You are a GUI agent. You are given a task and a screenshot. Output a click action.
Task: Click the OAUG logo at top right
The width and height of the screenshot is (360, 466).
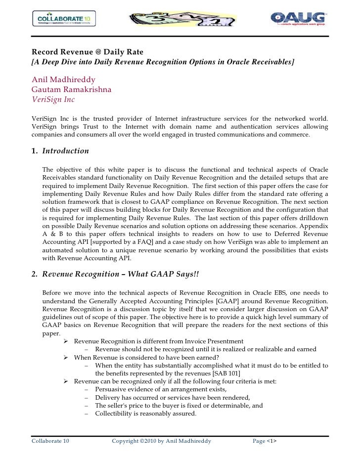coord(298,20)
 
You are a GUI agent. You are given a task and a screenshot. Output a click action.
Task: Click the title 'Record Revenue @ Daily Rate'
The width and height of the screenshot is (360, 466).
coord(88,52)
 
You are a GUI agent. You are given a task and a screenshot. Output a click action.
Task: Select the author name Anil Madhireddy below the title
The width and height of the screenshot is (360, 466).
coord(63,80)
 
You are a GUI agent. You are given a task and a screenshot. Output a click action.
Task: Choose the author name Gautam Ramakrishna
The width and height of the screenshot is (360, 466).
coord(71,90)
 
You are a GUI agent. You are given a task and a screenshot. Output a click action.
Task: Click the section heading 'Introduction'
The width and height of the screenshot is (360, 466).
coord(65,151)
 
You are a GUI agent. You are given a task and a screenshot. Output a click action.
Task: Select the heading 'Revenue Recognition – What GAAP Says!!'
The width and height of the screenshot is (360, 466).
coord(120,274)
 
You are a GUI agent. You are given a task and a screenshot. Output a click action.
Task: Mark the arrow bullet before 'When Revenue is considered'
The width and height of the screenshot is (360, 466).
coord(65,358)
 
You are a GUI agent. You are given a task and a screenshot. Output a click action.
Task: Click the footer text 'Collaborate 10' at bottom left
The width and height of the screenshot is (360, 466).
coord(50,440)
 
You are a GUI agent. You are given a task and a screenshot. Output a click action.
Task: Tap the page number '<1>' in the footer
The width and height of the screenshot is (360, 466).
coord(271,440)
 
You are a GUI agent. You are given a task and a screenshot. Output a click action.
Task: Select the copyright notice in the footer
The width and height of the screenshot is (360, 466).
coord(161,440)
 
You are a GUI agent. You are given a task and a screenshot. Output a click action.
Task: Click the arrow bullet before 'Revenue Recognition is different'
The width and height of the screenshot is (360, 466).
coord(65,341)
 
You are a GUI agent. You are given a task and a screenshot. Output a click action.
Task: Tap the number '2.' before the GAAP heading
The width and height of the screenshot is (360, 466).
coord(35,274)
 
